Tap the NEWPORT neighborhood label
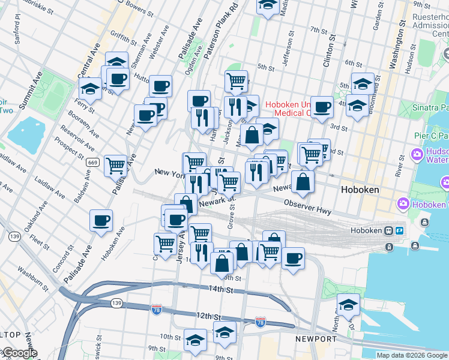(316, 340)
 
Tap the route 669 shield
(92, 162)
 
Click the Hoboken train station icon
(390, 231)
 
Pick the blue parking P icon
(399, 231)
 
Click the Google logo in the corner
(19, 353)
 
